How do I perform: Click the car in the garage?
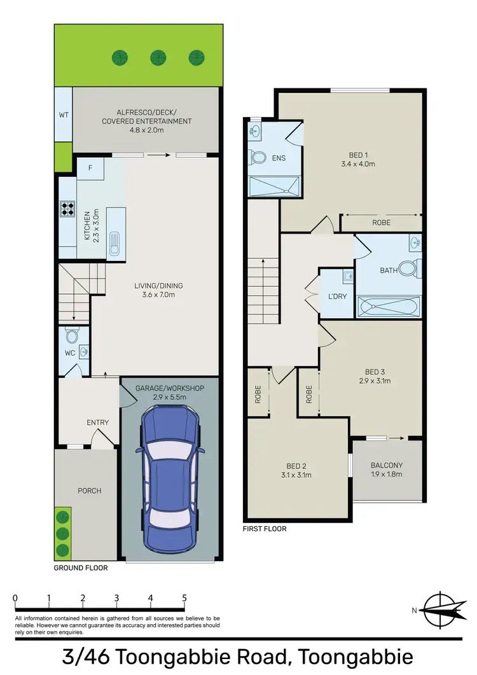170,480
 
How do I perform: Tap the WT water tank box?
63,115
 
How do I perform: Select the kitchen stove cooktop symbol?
68,209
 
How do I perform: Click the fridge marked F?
90,168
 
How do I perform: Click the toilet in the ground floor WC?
71,335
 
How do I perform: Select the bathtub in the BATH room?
388,308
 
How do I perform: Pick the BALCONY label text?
387,465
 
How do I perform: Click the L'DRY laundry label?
336,297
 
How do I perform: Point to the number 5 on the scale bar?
184,597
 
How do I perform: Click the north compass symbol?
439,609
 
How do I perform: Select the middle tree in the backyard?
158,58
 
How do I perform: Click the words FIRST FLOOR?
265,529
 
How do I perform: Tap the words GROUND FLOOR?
81,567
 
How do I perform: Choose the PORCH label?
89,491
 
